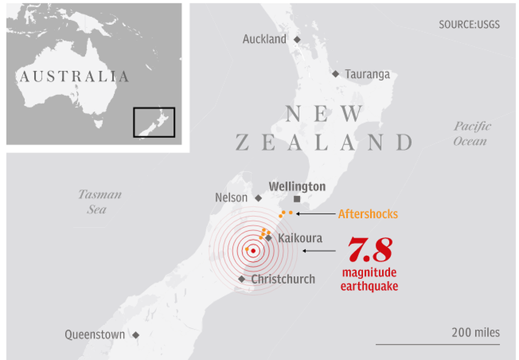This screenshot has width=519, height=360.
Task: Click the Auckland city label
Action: point(264,39)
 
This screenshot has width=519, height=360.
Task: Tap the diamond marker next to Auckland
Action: point(297,39)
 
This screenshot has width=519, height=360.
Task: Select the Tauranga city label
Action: point(367,74)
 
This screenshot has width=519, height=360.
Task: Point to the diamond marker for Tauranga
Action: point(336,74)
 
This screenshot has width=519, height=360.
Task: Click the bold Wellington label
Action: point(297,187)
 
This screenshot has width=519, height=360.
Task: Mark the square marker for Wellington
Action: point(297,199)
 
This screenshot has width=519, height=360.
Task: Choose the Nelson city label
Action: point(231,198)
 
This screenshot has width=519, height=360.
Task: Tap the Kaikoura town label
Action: point(300,238)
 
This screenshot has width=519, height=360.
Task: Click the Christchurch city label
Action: point(283,279)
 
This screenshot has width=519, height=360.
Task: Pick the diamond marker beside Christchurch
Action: point(242,279)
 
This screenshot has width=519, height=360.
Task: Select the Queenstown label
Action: point(95,335)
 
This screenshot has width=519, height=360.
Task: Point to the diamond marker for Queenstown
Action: point(136,335)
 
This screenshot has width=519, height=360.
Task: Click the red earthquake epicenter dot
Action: point(253,250)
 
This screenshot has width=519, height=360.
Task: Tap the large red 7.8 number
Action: point(369,249)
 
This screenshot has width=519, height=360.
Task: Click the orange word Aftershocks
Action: point(368,214)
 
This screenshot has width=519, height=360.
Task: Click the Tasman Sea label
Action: point(99,202)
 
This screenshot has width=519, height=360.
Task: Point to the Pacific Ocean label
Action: point(472,134)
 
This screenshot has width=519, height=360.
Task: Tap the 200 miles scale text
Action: point(476,332)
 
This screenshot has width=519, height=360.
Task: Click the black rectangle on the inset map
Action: point(154,122)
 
